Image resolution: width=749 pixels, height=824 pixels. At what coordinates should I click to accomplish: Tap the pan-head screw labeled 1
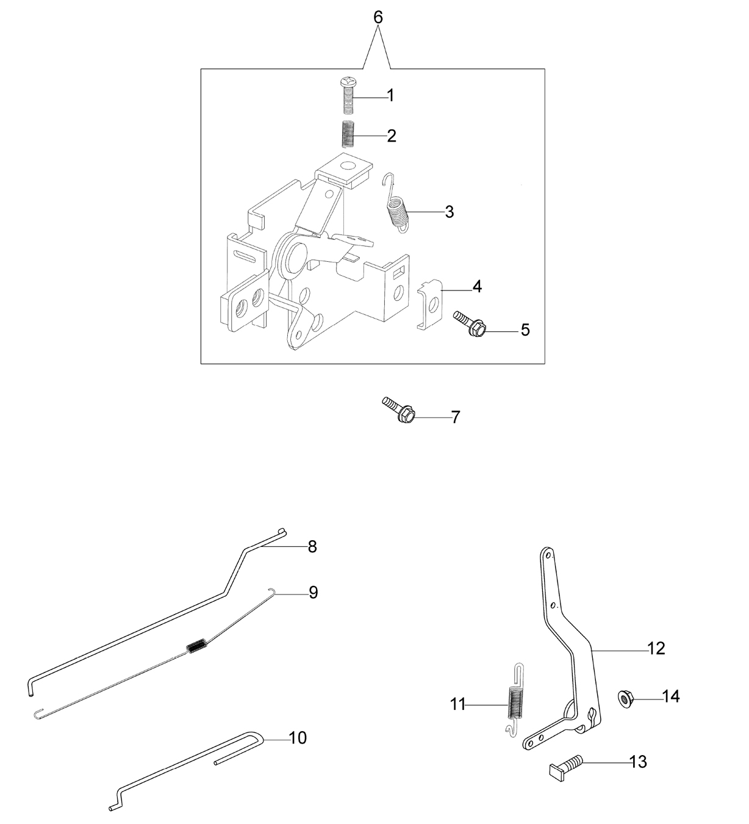click(x=348, y=96)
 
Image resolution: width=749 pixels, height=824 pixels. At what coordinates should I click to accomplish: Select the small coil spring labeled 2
click(x=348, y=134)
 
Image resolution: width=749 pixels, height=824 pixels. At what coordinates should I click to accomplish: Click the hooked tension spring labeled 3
click(x=396, y=203)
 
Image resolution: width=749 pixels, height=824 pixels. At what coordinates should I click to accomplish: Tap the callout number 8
click(x=312, y=547)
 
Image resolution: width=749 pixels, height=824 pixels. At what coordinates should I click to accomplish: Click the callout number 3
click(x=450, y=212)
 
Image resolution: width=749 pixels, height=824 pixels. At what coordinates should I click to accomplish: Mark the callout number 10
click(x=298, y=738)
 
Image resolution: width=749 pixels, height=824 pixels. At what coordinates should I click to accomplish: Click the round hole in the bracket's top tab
click(x=348, y=166)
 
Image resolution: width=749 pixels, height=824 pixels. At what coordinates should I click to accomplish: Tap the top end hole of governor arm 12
click(x=547, y=555)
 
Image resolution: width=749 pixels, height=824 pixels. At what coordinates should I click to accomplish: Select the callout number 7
click(x=456, y=417)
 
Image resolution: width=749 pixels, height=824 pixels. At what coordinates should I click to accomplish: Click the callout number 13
click(x=638, y=762)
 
